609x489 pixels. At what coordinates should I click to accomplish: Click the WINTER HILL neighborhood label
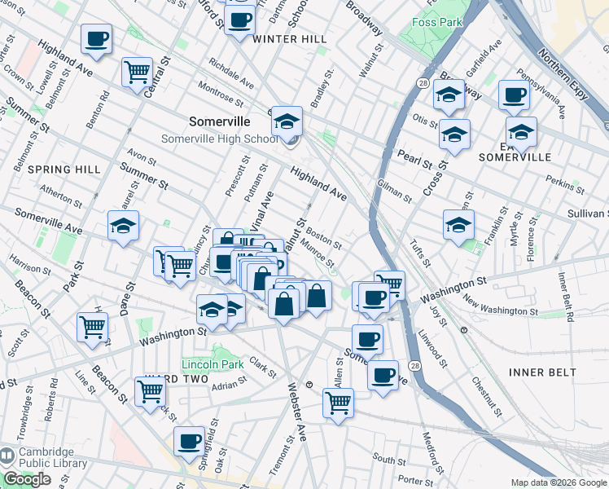tap(289, 39)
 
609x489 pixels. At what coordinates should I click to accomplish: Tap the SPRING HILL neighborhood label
tap(64, 170)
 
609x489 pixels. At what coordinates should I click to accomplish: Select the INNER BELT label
tap(542, 372)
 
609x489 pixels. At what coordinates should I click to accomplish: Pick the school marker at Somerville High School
tap(287, 122)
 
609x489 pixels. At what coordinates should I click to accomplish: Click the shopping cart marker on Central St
tap(137, 72)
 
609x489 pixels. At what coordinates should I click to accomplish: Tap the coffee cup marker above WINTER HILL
tap(239, 20)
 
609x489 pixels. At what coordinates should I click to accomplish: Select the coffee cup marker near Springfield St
tap(190, 441)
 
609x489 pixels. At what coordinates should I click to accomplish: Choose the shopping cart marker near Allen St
tap(338, 402)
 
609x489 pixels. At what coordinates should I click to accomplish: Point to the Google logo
tap(27, 480)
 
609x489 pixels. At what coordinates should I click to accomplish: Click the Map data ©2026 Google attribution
tap(558, 482)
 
